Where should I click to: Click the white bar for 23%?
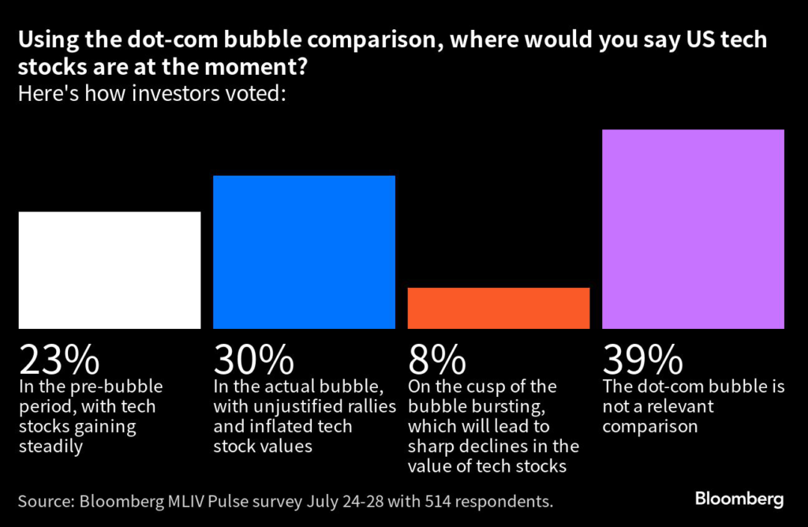[110, 270]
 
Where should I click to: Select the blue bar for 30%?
[304, 252]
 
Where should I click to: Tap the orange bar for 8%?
[499, 308]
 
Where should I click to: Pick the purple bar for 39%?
[693, 229]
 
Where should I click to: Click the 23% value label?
[59, 361]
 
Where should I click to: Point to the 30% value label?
[254, 361]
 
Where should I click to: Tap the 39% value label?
[642, 361]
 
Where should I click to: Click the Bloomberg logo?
[739, 499]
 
